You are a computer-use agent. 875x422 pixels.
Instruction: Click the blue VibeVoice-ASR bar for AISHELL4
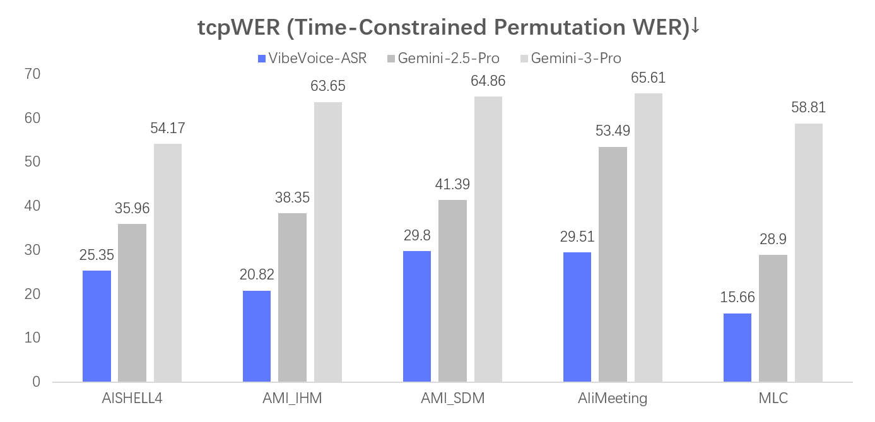(x=97, y=326)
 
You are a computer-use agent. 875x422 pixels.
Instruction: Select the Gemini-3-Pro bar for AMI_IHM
(x=327, y=242)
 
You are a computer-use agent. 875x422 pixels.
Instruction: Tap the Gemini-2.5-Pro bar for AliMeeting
(x=613, y=264)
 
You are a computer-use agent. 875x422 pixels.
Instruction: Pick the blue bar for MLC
(x=737, y=348)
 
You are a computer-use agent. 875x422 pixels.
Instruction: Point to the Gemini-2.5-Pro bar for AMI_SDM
(x=452, y=291)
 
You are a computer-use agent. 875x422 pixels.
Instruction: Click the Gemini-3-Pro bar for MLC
(x=808, y=252)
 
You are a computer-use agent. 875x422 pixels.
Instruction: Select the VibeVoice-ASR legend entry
(x=312, y=59)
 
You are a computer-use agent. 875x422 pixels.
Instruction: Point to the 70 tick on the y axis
(x=32, y=74)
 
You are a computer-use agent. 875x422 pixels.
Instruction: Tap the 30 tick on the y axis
(x=32, y=250)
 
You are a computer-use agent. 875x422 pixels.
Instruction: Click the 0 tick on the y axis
(x=36, y=382)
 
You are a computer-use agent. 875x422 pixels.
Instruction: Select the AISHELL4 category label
(x=132, y=399)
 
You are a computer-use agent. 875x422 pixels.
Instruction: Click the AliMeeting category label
(x=613, y=399)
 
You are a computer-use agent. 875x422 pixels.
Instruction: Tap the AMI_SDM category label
(x=452, y=399)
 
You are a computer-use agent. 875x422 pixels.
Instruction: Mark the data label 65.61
(x=648, y=78)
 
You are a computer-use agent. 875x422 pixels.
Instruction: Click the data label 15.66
(x=737, y=298)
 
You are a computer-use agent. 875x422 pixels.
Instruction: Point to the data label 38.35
(x=292, y=197)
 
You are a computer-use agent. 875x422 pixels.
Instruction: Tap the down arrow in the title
(x=695, y=26)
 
